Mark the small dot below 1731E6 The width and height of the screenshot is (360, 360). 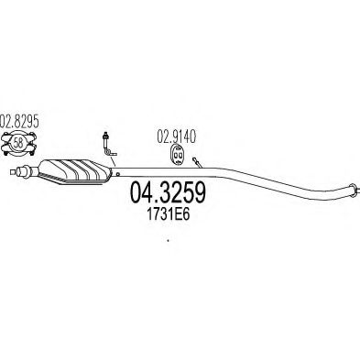coord(168,241)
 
